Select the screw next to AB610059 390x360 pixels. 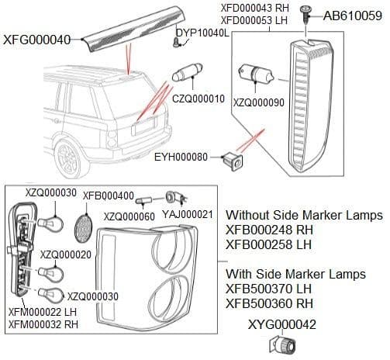click(308, 13)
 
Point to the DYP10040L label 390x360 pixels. click(202, 33)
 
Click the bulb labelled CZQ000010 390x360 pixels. click(186, 74)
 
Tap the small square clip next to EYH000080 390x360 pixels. click(231, 161)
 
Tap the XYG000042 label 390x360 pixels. click(283, 324)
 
